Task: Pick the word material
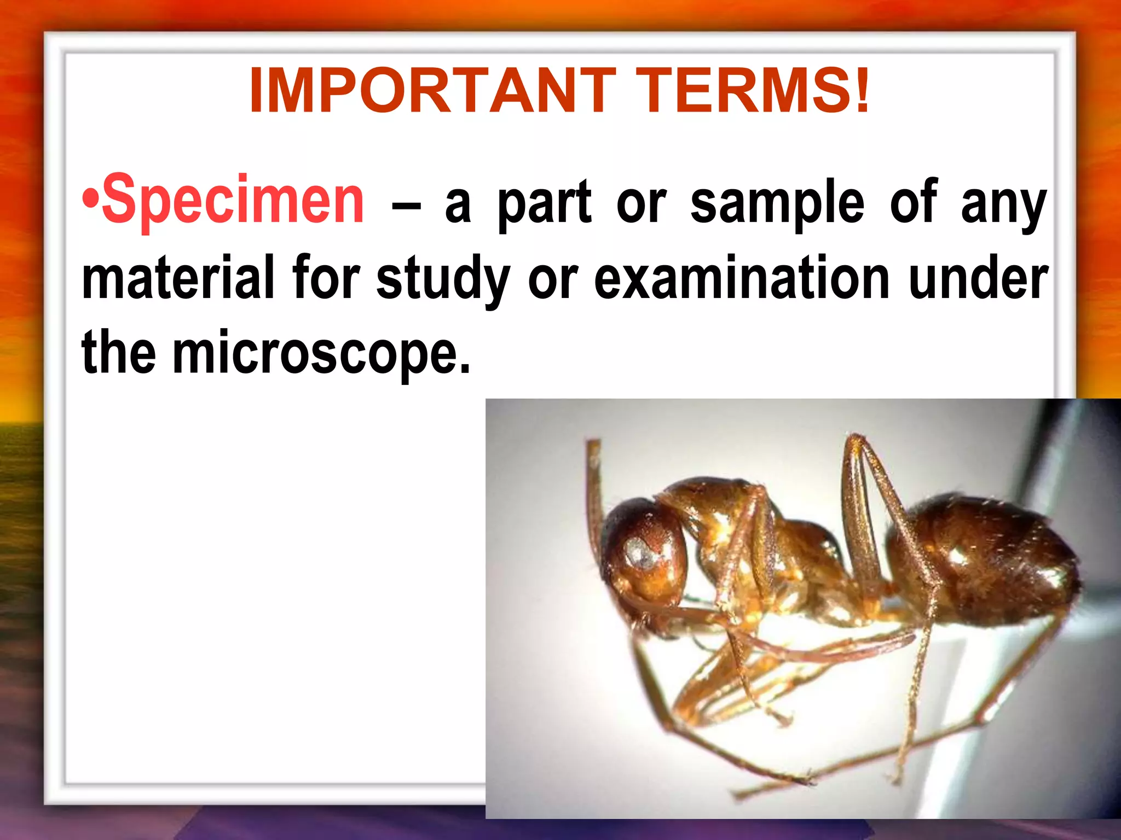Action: [178, 279]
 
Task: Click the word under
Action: [978, 279]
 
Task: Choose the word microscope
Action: [321, 355]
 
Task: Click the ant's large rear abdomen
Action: [985, 558]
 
